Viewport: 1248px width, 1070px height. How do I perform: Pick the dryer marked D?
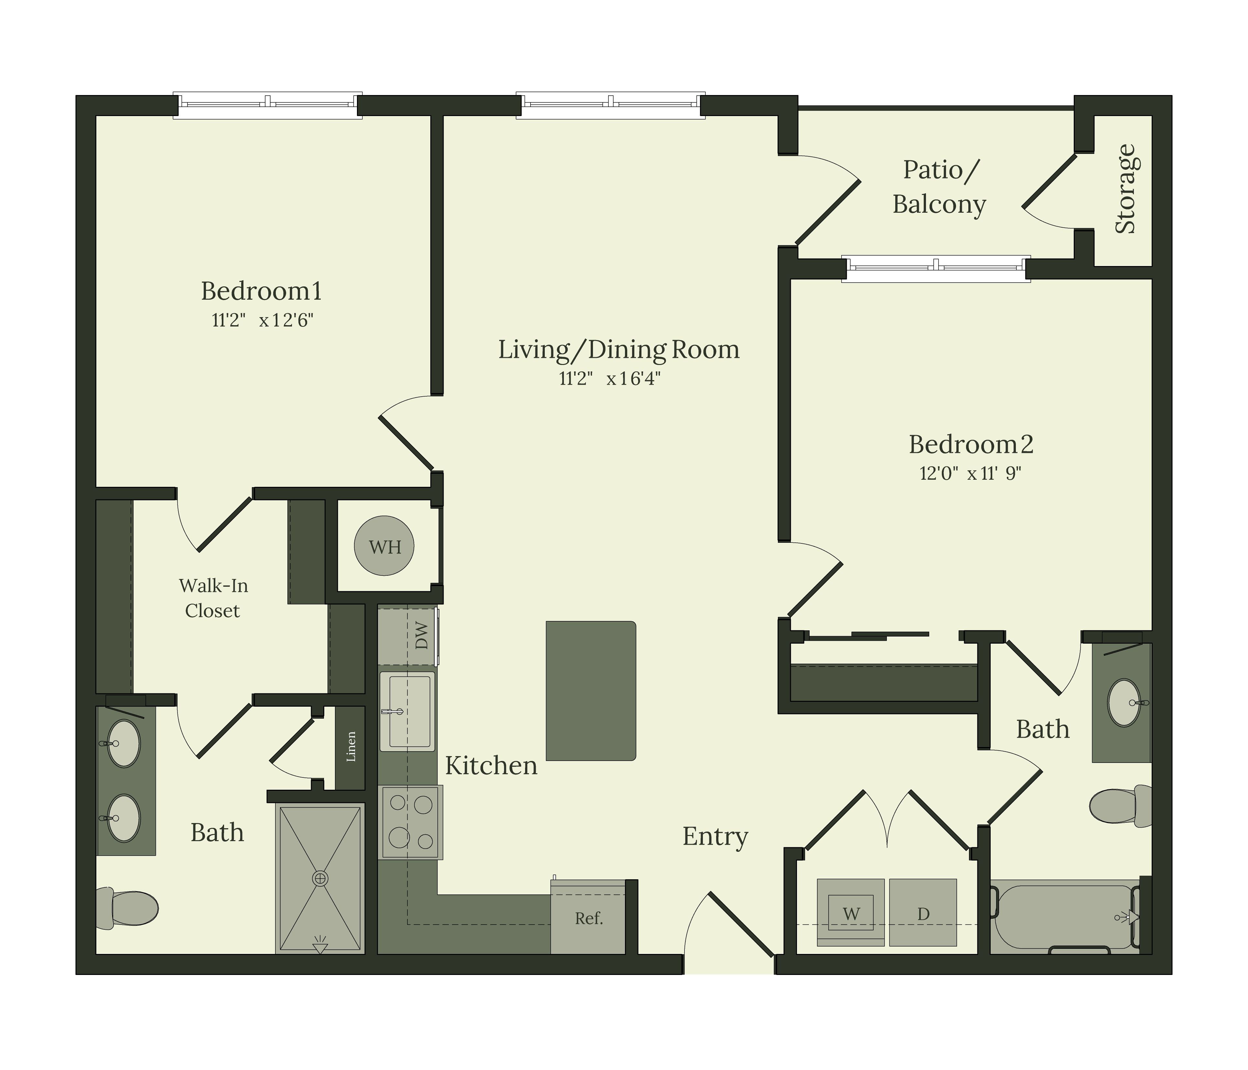(923, 913)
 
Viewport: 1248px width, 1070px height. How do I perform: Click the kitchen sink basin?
(407, 711)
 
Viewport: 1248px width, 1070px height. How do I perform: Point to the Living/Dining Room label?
(619, 349)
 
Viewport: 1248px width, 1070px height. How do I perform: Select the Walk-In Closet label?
(213, 598)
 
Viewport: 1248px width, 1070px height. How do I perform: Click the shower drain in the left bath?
(320, 879)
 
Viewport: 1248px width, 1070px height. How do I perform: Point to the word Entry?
(715, 836)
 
